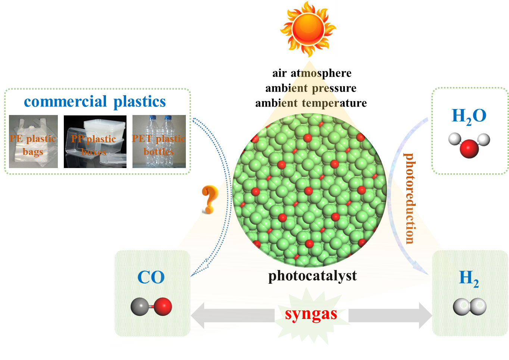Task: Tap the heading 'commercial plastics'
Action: pyautogui.click(x=95, y=102)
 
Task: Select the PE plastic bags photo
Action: pyautogui.click(x=33, y=142)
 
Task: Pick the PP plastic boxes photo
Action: pyautogui.click(x=94, y=142)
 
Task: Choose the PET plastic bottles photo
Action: pyautogui.click(x=159, y=142)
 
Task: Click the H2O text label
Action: pyautogui.click(x=469, y=116)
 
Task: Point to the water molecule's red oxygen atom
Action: pyautogui.click(x=469, y=148)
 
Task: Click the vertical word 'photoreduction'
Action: pyautogui.click(x=410, y=198)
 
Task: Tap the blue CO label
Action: pyautogui.click(x=151, y=277)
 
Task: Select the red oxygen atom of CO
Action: pyautogui.click(x=163, y=307)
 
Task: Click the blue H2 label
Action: pyautogui.click(x=469, y=278)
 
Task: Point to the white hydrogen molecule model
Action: pyautogui.click(x=470, y=307)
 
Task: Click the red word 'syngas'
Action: pyautogui.click(x=311, y=314)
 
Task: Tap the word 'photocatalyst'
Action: pyautogui.click(x=312, y=276)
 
